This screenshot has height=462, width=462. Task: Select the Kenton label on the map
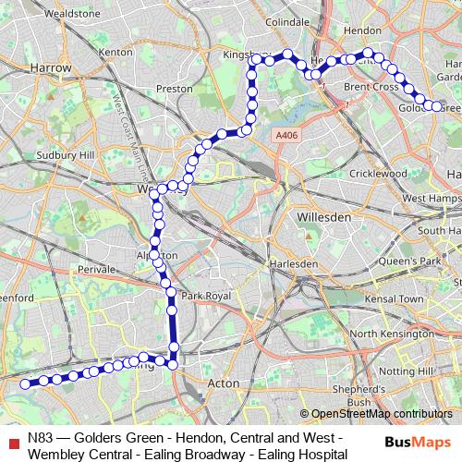pos(115,53)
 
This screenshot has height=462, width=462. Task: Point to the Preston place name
pos(174,89)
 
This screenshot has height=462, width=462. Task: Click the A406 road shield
pos(287,135)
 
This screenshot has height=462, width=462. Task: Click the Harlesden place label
pos(293,263)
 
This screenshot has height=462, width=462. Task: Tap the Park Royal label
pos(204,296)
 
